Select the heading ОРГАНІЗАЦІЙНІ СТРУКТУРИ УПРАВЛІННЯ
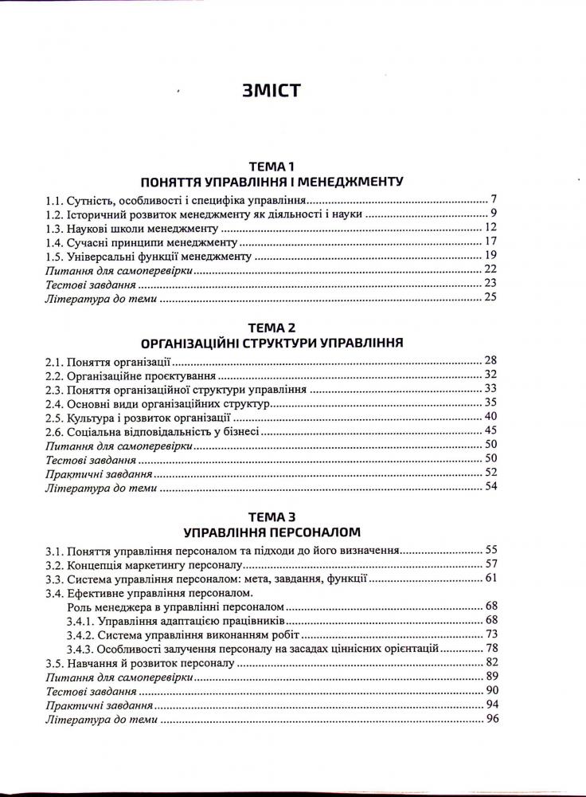point(272,344)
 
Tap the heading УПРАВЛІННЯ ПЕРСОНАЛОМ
point(272,531)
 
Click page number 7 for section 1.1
point(494,199)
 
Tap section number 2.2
point(55,375)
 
